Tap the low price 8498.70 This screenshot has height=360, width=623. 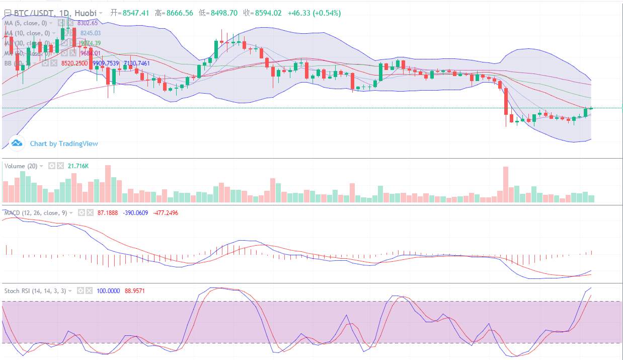coord(223,13)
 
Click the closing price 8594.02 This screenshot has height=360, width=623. coord(268,13)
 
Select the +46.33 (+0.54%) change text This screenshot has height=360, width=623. coord(314,13)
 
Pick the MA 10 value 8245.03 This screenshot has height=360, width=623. coord(91,33)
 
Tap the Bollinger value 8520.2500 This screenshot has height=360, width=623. coord(74,63)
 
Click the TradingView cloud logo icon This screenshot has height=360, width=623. coord(17,143)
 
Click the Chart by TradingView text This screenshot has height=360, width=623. coord(64,143)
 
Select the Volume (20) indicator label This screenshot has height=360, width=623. coord(21,166)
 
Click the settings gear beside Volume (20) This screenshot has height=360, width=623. coord(51,166)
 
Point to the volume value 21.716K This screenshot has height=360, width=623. coord(78,166)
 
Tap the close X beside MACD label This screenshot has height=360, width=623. coord(90,213)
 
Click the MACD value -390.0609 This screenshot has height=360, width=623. coord(135,213)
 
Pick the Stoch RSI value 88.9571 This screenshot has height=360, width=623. coord(137,291)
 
